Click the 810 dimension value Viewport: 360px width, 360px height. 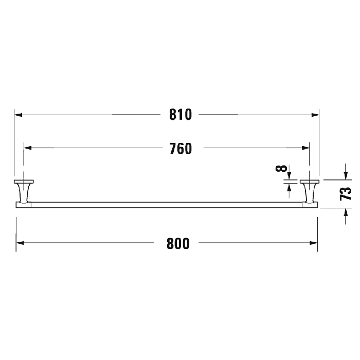click(181, 115)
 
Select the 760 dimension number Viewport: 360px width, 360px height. click(181, 149)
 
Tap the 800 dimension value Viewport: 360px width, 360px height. click(178, 243)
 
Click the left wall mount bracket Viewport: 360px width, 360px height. click(23, 191)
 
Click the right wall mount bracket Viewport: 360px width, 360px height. click(310, 191)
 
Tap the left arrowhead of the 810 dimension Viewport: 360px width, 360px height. click(18, 115)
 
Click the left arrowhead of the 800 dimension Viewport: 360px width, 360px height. click(21, 243)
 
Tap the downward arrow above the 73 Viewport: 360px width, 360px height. click(345, 176)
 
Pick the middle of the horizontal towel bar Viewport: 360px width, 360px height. click(167, 205)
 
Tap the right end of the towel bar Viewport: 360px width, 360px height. click(315, 205)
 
